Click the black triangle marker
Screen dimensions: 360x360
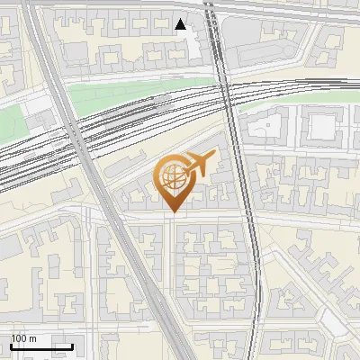(x=181, y=24)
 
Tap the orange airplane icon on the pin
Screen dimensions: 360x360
(x=199, y=164)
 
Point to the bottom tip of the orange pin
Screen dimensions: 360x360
(x=172, y=211)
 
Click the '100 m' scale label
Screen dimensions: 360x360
(x=22, y=338)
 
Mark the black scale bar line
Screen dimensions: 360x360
(x=41, y=346)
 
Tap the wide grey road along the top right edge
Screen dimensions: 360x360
(x=297, y=11)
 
